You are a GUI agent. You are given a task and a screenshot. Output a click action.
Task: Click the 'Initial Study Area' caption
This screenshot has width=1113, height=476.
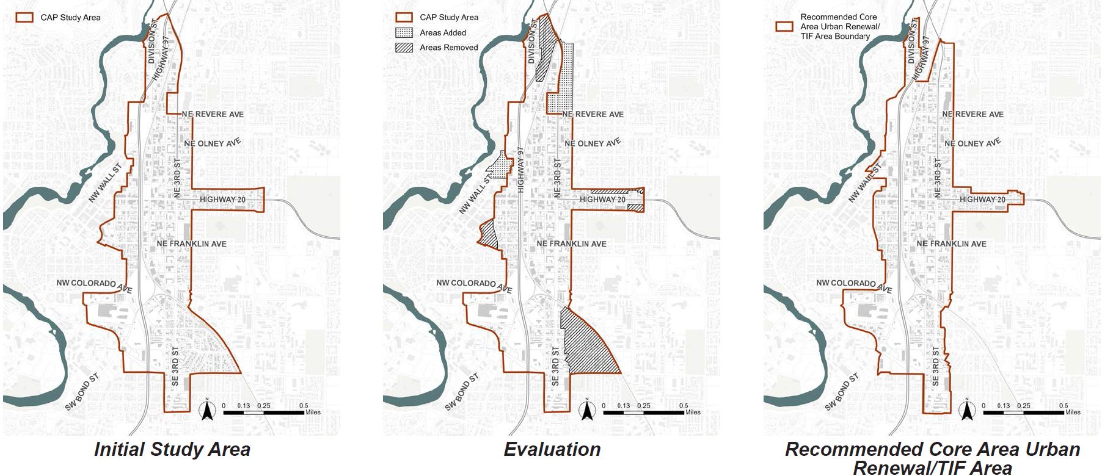pos(172,450)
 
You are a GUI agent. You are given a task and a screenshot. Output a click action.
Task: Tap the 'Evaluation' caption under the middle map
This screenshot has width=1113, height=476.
pos(552,450)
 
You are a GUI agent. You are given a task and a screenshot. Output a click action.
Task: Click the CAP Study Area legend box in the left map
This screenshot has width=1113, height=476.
pos(24,17)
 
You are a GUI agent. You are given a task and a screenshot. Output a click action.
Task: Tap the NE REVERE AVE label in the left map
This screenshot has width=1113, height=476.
pos(212,114)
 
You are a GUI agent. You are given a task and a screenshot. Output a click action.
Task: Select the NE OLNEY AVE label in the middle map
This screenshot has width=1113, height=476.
pos(593,143)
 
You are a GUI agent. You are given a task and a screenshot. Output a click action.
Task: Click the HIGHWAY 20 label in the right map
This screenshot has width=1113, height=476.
pos(982,200)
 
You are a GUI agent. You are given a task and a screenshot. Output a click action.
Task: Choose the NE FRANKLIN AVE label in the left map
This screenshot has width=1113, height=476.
pos(191,243)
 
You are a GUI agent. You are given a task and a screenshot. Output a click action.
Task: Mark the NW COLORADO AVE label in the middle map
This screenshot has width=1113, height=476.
pos(473,284)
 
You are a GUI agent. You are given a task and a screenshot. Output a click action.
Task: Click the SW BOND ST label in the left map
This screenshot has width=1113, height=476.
pos(83,392)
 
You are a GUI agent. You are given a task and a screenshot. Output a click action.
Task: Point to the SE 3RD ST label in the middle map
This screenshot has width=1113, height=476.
pos(555,366)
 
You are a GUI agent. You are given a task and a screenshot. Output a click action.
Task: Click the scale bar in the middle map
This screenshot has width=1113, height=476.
pos(643,413)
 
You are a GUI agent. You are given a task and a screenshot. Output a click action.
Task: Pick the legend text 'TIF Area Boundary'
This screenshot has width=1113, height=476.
pos(835,37)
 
